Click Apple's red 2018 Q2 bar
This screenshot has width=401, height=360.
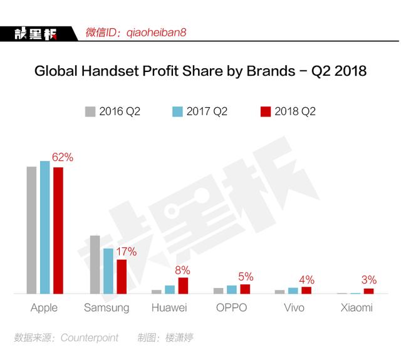click(58, 230)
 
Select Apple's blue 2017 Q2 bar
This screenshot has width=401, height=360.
click(45, 227)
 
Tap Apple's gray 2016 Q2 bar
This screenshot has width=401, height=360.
click(31, 230)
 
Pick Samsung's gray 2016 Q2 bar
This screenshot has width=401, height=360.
click(95, 264)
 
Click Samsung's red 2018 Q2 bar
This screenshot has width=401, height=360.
click(122, 276)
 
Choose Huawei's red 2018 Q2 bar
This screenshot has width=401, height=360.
click(183, 285)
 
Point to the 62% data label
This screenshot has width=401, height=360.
click(63, 158)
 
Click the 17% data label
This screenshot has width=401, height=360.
click(126, 251)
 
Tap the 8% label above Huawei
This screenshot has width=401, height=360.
click(182, 270)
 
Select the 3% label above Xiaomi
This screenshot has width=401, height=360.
click(369, 280)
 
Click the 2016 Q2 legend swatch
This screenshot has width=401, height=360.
click(90, 111)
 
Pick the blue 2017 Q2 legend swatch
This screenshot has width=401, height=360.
click(177, 111)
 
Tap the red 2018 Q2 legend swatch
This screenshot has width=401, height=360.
click(265, 111)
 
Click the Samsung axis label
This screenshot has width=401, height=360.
click(107, 307)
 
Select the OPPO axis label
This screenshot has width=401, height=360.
click(231, 307)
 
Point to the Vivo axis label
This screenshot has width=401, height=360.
click(294, 307)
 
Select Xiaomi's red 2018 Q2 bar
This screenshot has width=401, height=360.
click(368, 291)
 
